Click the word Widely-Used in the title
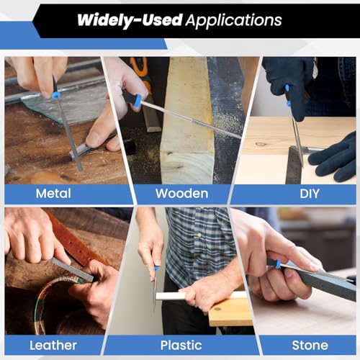(130, 19)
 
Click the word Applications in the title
(233, 20)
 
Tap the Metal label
(53, 194)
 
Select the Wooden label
(181, 194)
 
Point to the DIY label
(310, 194)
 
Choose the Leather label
(53, 346)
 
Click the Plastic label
(181, 346)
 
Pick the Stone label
(310, 346)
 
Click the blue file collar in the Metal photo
(56, 95)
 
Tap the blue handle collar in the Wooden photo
(138, 100)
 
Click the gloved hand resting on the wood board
(333, 158)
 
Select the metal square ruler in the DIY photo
(294, 165)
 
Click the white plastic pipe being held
(202, 295)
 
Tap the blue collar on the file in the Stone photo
(278, 264)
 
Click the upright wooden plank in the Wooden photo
(187, 120)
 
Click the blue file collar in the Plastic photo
(156, 268)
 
